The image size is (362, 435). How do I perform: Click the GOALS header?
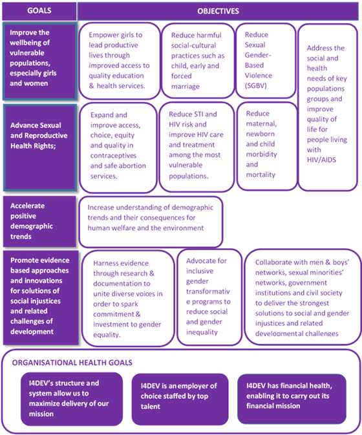(39, 11)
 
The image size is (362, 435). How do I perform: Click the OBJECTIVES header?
(218, 12)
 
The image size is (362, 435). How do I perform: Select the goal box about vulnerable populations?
(39, 61)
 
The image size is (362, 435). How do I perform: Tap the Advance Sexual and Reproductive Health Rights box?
(39, 147)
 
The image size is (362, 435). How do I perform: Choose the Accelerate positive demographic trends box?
(39, 222)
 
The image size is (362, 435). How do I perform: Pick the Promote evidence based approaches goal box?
(41, 298)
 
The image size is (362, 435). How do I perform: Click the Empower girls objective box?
(120, 61)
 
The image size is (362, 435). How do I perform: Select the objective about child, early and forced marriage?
(198, 61)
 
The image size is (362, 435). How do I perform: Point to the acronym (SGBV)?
(255, 86)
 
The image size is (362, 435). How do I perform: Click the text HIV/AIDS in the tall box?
(321, 160)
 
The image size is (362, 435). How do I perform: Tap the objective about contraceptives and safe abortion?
(118, 147)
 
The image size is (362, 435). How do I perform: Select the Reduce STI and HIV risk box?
(197, 147)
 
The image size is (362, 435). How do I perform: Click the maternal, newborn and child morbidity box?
(267, 146)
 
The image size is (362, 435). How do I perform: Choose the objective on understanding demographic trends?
(151, 222)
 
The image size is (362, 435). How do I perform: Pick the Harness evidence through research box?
(128, 299)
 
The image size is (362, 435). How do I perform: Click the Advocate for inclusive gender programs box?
(209, 297)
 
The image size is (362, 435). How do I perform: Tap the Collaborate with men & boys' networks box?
(303, 297)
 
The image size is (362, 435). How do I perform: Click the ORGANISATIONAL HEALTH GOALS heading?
(72, 363)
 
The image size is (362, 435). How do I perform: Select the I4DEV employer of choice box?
(180, 399)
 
